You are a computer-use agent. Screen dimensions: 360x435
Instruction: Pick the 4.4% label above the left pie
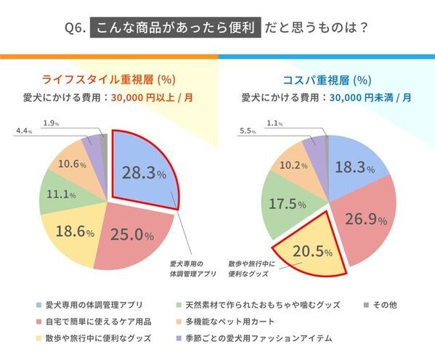coord(24,131)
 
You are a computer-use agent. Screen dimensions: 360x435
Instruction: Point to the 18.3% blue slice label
coord(354,168)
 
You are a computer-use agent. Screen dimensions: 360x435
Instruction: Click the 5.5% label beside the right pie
coord(248,131)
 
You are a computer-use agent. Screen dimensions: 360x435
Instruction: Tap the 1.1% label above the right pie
coord(275,123)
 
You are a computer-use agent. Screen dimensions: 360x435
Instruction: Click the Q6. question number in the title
coord(76,29)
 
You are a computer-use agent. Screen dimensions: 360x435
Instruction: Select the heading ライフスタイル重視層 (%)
coord(108,80)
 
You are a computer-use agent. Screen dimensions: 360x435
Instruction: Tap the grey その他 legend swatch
coord(365,305)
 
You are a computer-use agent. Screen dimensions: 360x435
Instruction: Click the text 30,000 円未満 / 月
coord(366,97)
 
